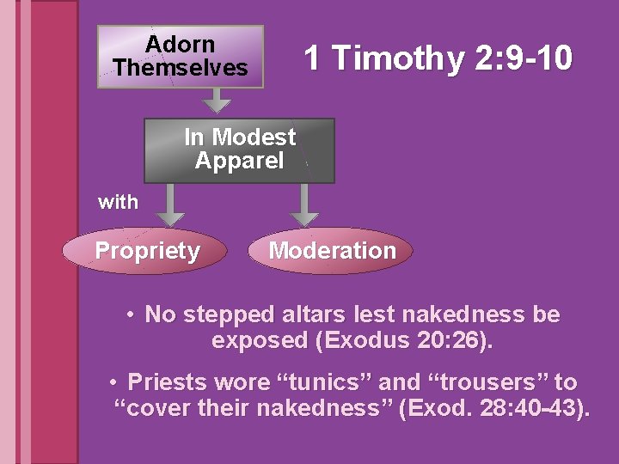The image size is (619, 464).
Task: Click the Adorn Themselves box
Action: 180,56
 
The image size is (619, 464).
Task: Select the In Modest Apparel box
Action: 239,150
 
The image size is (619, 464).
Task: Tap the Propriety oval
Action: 147,251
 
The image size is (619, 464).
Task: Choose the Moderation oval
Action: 332,251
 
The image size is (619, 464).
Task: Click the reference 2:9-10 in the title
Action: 522,58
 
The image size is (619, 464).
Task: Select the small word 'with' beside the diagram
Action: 118,202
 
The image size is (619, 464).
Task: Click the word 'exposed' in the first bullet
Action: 260,340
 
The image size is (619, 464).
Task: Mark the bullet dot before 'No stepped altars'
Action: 130,315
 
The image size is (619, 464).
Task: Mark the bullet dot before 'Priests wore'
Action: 113,382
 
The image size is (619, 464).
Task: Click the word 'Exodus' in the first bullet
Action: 363,340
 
